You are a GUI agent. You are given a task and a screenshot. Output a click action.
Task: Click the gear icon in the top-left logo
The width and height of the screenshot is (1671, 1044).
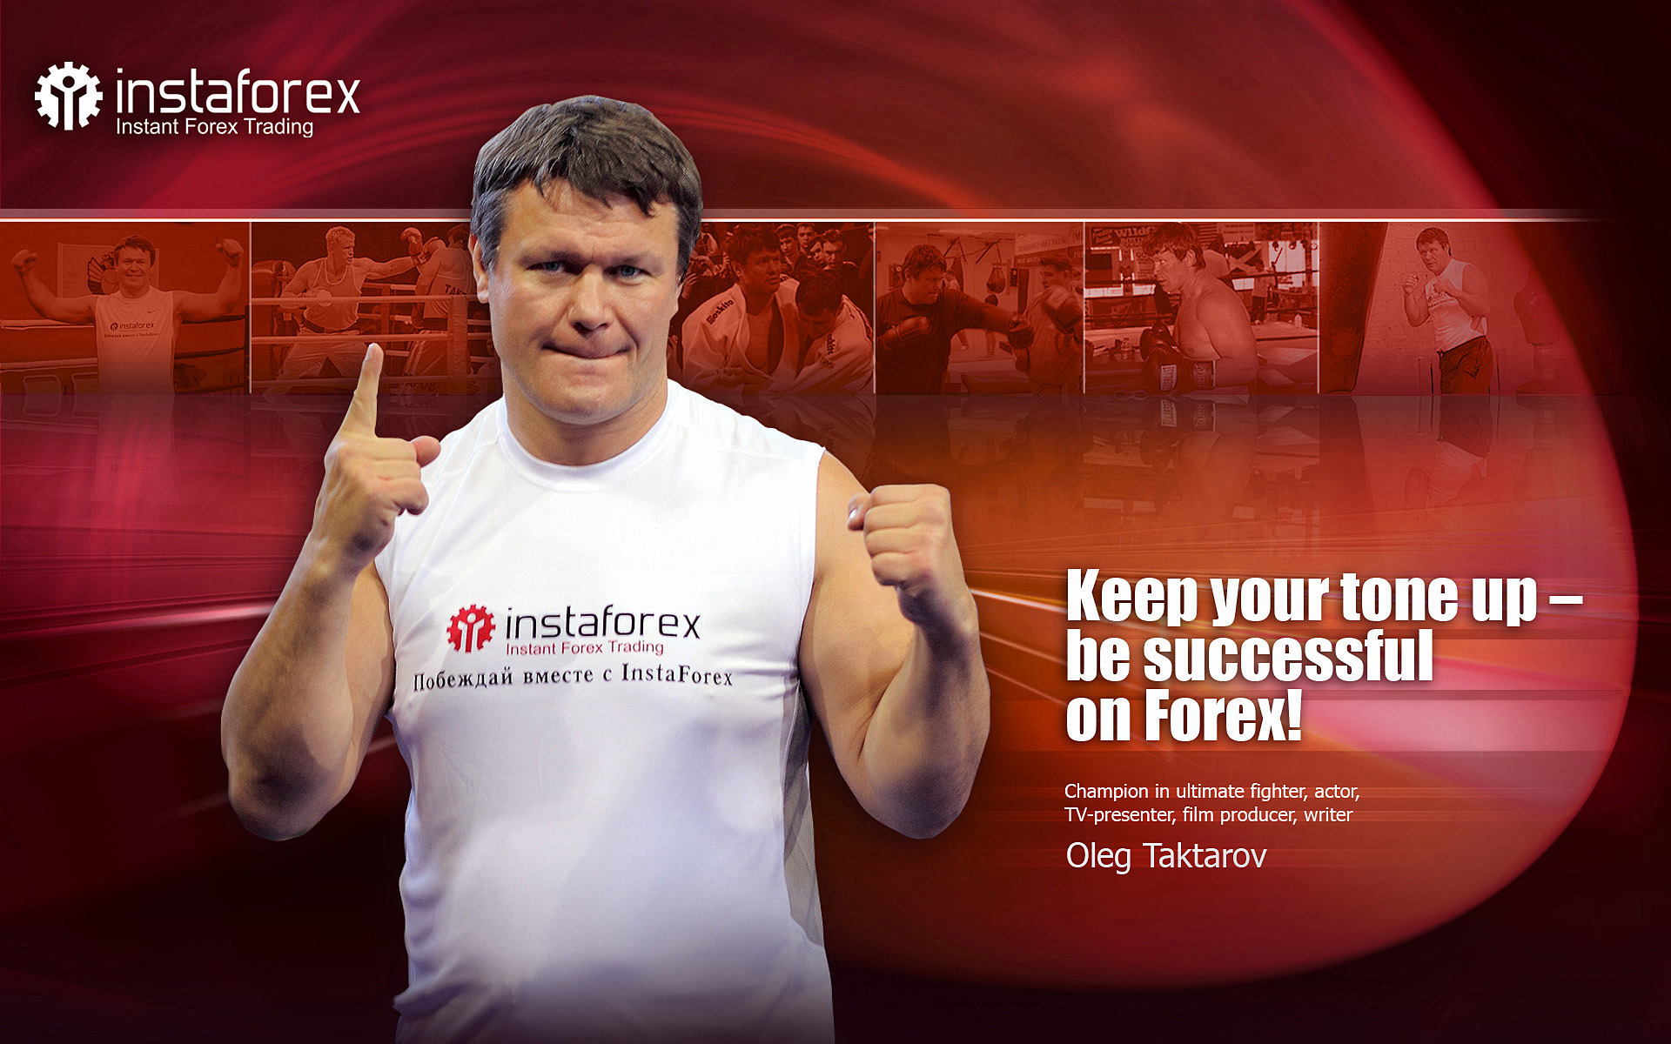click(x=68, y=96)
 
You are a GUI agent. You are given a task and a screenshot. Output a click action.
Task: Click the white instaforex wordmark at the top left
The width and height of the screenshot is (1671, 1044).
click(x=238, y=91)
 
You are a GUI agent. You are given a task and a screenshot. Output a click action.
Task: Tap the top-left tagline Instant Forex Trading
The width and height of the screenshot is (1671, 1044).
click(x=214, y=127)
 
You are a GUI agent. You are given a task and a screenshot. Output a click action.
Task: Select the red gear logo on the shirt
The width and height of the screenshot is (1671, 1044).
click(x=471, y=628)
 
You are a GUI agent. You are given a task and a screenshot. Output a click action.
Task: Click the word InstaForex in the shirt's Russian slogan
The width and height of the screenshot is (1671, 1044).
click(x=677, y=674)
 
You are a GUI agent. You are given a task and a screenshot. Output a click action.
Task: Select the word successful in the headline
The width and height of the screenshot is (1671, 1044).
click(x=1287, y=657)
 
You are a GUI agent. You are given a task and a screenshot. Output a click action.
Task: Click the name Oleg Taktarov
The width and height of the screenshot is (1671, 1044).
click(x=1166, y=856)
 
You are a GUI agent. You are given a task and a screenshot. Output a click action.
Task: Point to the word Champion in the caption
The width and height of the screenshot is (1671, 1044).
click(x=1106, y=792)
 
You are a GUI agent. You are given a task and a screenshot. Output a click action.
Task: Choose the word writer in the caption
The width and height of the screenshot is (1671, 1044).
click(x=1328, y=815)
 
